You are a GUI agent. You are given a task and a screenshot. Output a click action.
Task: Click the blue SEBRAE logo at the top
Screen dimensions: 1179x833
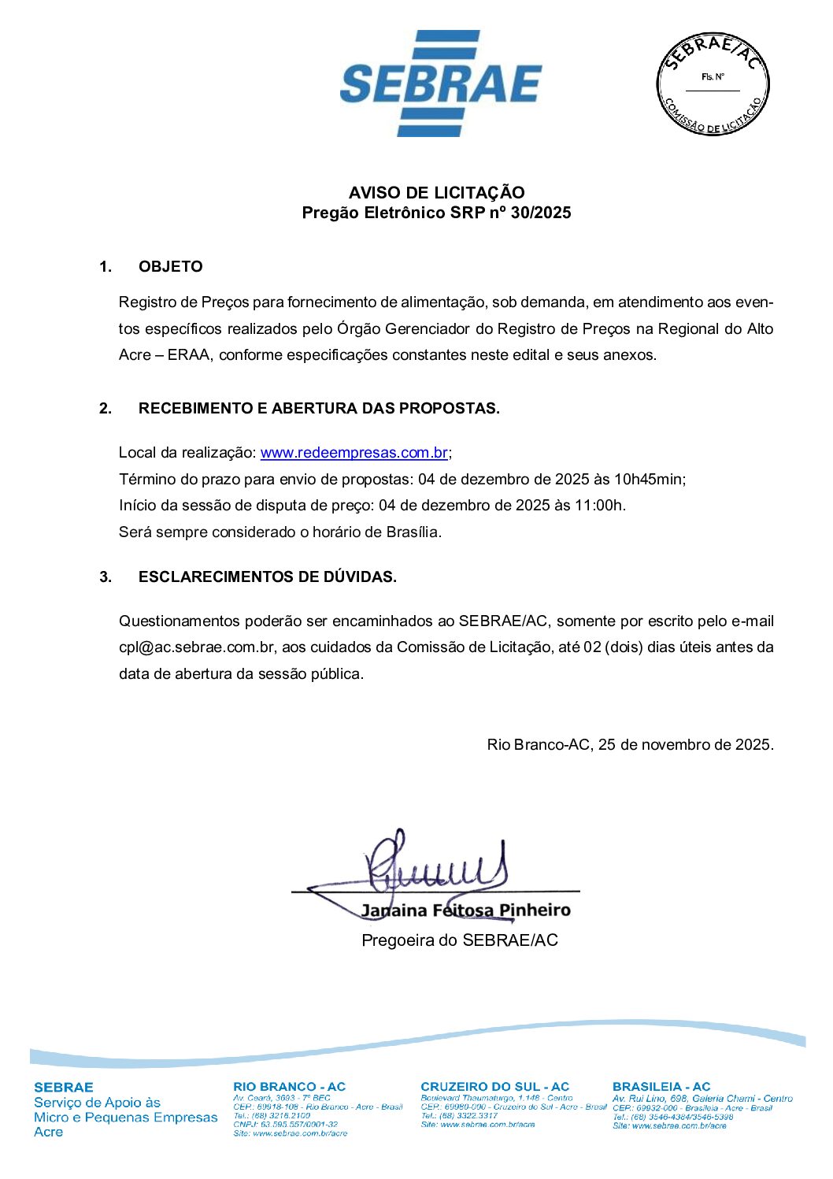(x=440, y=83)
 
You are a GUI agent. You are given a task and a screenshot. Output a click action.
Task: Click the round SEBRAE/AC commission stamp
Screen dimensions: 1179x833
(x=713, y=83)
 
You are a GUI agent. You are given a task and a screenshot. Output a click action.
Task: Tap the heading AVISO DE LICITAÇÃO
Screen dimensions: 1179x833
(x=436, y=192)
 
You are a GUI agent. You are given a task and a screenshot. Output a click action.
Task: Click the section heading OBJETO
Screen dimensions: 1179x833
(x=170, y=266)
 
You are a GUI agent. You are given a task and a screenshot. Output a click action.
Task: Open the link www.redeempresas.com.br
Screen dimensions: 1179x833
(x=354, y=453)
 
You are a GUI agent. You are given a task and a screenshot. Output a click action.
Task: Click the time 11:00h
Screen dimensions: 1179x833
(x=600, y=506)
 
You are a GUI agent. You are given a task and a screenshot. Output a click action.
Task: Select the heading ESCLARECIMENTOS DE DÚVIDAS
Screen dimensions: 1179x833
(x=267, y=577)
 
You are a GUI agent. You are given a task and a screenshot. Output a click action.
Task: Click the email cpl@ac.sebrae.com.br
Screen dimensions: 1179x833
(x=197, y=647)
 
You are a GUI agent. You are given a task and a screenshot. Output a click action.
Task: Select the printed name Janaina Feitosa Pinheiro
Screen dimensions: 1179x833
(x=465, y=910)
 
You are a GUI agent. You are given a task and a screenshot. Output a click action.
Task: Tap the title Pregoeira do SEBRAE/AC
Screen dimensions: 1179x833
(x=459, y=940)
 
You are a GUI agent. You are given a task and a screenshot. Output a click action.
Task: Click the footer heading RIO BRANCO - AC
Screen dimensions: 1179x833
(x=289, y=1087)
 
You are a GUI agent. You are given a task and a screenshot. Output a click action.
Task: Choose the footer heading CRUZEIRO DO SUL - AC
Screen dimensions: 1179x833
(x=494, y=1087)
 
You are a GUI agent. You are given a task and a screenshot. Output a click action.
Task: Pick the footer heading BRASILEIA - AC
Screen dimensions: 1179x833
(x=661, y=1087)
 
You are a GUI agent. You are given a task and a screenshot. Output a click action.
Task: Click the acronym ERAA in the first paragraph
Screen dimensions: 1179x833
(x=189, y=355)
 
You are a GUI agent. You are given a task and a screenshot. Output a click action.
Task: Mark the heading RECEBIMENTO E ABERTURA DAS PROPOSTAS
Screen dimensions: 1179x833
(x=319, y=408)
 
